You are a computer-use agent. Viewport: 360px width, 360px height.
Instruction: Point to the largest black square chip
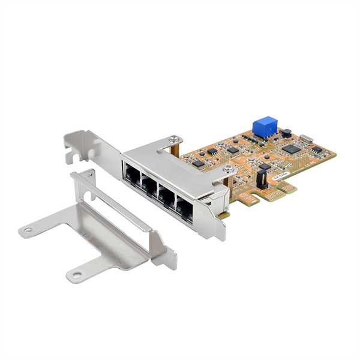point(292,148)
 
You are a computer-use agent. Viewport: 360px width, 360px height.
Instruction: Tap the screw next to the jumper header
point(228,169)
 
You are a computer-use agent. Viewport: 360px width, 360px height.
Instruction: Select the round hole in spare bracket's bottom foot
point(75,277)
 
